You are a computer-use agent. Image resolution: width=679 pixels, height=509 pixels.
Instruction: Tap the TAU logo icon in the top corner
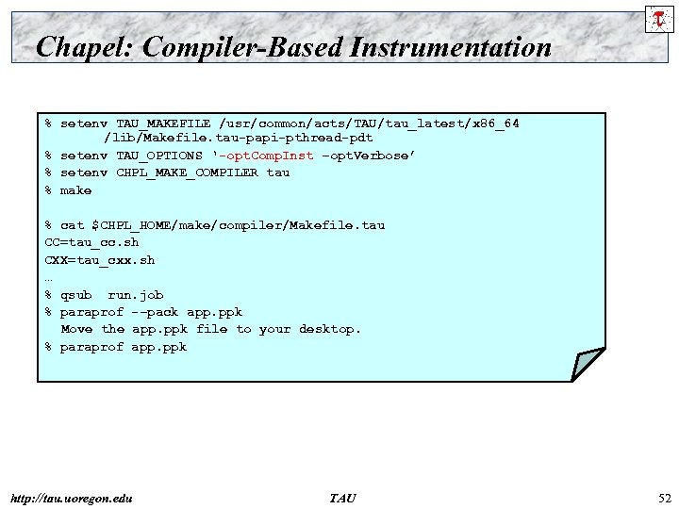point(657,18)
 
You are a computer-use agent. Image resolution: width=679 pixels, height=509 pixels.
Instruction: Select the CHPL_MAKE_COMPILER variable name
point(187,172)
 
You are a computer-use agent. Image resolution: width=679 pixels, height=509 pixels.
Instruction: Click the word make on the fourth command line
point(75,190)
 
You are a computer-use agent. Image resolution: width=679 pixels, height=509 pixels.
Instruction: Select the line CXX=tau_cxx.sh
point(99,259)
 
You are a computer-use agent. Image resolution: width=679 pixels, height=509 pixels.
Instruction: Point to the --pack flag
point(155,312)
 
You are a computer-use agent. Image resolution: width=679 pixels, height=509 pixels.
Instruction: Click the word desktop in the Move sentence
point(329,329)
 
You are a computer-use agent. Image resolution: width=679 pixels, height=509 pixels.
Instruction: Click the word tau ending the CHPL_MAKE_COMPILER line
point(278,172)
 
